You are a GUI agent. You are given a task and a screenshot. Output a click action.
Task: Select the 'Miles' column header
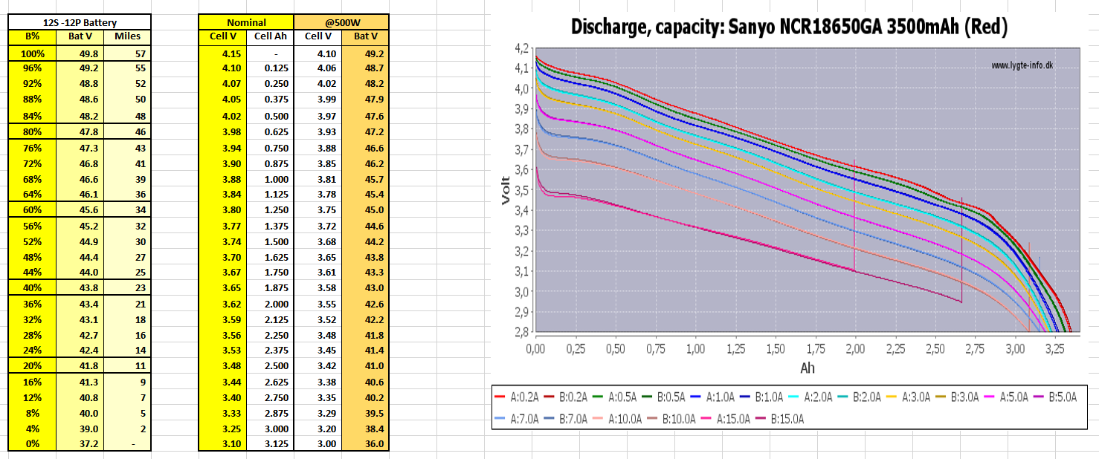pyautogui.click(x=126, y=36)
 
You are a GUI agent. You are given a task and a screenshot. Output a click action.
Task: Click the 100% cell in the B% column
pyautogui.click(x=33, y=53)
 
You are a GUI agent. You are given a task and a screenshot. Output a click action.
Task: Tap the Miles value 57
pyautogui.click(x=140, y=53)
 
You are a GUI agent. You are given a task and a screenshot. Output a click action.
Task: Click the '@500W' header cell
pyautogui.click(x=341, y=22)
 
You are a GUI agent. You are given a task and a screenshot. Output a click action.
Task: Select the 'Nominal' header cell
pyautogui.click(x=246, y=22)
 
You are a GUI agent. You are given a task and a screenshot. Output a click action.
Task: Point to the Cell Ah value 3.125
pyautogui.click(x=271, y=444)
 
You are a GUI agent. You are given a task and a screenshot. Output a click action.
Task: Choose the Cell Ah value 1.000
pyautogui.click(x=271, y=179)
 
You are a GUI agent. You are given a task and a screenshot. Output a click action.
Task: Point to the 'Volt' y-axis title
pyautogui.click(x=505, y=191)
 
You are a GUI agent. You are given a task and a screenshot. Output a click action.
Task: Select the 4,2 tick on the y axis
pyautogui.click(x=521, y=49)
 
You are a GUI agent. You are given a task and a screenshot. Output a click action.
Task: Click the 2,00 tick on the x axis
pyautogui.click(x=856, y=347)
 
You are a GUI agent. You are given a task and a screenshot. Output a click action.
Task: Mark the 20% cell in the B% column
pyautogui.click(x=33, y=365)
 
